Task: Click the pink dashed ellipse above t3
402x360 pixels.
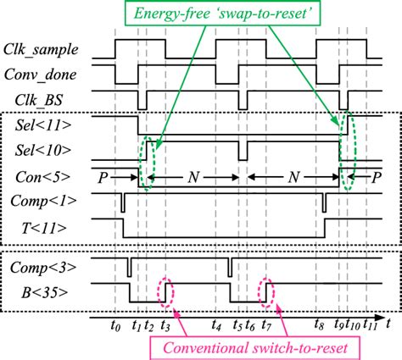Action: click(x=166, y=293)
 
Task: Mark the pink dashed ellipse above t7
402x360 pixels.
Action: click(x=266, y=293)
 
